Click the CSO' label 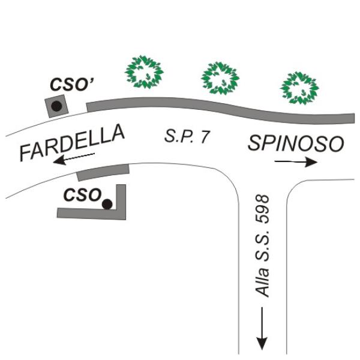tap(71, 85)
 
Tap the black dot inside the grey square tap(56, 106)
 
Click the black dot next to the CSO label tap(107, 204)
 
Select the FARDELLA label tap(72, 143)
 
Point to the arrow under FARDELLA tap(74, 158)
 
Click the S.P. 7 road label tap(187, 136)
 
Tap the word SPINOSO tap(296, 143)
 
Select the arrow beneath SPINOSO tap(296, 163)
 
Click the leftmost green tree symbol tap(144, 72)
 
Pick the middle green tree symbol tap(220, 78)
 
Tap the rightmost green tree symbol tap(299, 88)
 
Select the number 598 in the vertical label tap(262, 209)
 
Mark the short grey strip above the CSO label tap(103, 172)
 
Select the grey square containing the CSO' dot tap(56, 106)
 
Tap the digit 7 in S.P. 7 tap(205, 137)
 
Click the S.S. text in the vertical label tap(262, 245)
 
